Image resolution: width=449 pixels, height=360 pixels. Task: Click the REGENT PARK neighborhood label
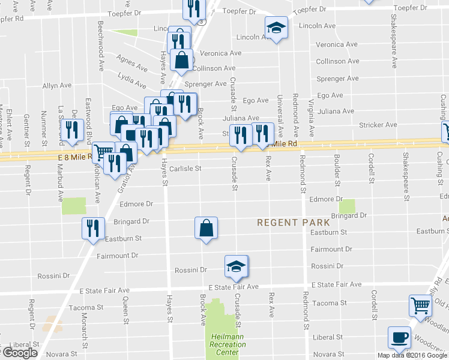coord(286,222)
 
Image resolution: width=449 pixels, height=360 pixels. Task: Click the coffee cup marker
coord(399,338)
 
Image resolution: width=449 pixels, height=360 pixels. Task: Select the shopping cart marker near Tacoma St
coord(421,305)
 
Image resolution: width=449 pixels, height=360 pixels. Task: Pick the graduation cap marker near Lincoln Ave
coord(276,28)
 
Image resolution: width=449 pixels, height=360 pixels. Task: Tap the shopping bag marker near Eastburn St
coord(206,228)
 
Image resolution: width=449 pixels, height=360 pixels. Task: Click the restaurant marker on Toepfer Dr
coord(194,7)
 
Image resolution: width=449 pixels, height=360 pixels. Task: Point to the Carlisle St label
coord(185,169)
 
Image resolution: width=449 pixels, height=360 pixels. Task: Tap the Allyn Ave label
coord(58,86)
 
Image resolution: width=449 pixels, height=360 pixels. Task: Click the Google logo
coord(20,353)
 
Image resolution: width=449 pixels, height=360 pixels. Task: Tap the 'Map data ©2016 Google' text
coord(412,355)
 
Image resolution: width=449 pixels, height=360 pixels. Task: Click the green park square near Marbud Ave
coord(73,206)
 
